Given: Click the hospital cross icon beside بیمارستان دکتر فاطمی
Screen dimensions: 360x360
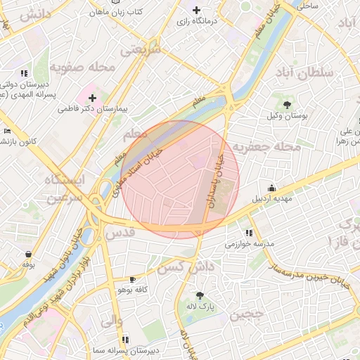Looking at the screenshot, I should pos(92,97).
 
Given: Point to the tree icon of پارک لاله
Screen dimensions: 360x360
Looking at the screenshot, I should pos(200,295).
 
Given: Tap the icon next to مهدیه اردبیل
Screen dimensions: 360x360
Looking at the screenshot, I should pos(271,188).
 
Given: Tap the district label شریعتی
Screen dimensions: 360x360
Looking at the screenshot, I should pos(141,51).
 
